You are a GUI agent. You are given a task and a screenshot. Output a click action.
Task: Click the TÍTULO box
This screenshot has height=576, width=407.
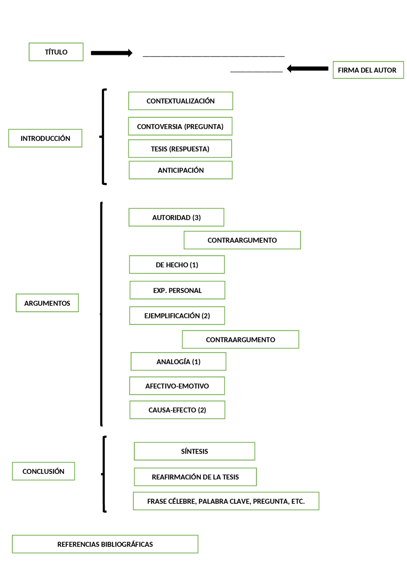click(x=56, y=52)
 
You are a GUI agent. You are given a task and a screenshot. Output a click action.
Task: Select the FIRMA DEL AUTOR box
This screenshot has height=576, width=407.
click(x=368, y=70)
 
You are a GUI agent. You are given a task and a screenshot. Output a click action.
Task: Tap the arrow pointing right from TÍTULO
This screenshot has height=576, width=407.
click(x=111, y=53)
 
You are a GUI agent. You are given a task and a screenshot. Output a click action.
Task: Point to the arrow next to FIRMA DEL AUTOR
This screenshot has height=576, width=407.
click(x=307, y=69)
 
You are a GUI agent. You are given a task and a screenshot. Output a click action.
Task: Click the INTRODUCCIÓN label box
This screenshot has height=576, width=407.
click(x=45, y=138)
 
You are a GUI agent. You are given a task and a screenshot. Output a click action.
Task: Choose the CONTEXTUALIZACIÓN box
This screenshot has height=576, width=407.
click(x=180, y=101)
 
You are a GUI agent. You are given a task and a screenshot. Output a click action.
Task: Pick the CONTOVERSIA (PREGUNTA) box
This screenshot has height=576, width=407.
click(x=180, y=127)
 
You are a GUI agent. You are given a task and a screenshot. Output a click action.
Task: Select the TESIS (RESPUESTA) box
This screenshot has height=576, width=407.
click(x=180, y=149)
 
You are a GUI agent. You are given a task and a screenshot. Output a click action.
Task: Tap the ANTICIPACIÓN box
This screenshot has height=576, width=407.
click(x=181, y=170)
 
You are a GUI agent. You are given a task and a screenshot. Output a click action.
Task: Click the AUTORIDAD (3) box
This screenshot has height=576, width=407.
click(x=176, y=218)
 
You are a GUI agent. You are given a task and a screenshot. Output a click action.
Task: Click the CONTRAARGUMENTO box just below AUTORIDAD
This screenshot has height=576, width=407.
click(x=242, y=240)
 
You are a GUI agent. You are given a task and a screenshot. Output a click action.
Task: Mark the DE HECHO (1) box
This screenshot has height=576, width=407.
click(x=177, y=265)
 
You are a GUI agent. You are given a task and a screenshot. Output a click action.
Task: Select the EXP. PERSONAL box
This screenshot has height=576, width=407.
click(x=177, y=290)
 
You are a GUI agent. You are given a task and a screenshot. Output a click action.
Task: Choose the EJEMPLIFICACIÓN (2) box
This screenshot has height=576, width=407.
click(x=177, y=316)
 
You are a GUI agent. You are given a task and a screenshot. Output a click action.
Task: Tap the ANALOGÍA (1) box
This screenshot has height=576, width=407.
click(x=178, y=362)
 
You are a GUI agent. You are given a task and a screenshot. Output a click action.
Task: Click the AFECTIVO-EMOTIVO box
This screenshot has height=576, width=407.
click(x=177, y=386)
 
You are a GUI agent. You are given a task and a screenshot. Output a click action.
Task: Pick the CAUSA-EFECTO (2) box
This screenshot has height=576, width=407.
click(x=177, y=410)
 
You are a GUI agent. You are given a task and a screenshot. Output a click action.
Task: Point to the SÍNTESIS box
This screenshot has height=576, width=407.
click(x=194, y=451)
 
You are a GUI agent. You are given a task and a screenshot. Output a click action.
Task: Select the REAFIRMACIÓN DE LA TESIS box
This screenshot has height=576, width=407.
click(x=195, y=477)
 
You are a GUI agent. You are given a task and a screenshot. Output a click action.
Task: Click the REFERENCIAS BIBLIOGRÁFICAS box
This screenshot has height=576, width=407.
click(x=105, y=544)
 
